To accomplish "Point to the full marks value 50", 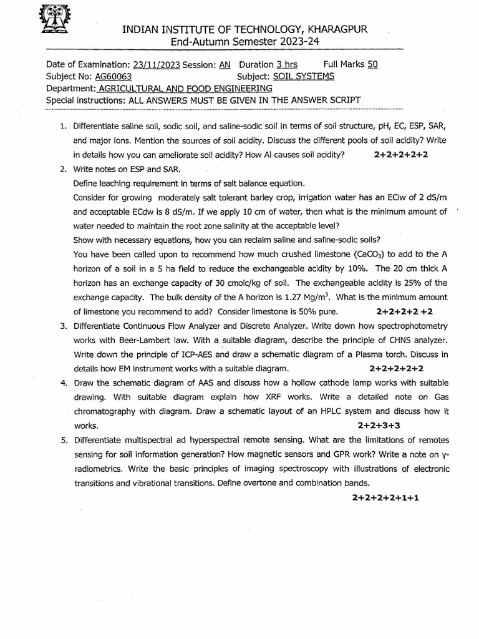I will (372, 64).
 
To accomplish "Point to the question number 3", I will (64, 326).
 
